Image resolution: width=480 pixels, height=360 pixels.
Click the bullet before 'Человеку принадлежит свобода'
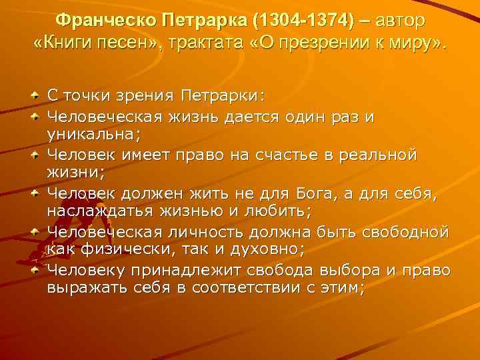34,270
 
